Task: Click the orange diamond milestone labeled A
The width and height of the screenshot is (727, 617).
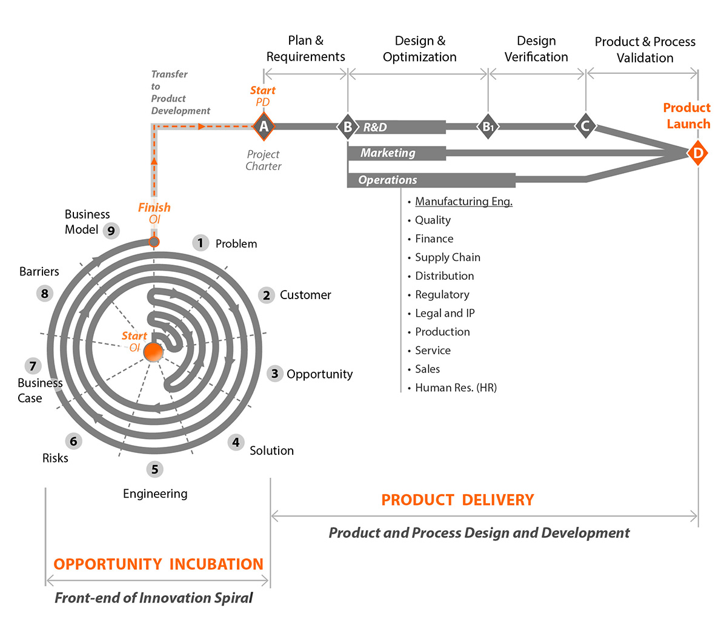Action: click(264, 127)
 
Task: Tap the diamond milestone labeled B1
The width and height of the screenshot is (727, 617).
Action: click(488, 127)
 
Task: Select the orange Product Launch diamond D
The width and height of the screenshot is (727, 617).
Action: click(698, 153)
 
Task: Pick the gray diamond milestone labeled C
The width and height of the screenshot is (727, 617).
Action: click(585, 127)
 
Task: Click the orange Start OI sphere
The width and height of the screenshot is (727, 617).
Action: click(153, 352)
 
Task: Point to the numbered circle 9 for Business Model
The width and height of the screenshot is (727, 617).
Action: click(111, 231)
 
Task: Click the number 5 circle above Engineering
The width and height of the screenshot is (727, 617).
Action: click(154, 469)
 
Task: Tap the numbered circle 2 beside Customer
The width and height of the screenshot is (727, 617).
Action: click(266, 295)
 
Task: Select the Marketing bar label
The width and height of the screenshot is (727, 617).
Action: click(388, 153)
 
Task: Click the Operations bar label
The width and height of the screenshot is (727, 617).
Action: click(388, 180)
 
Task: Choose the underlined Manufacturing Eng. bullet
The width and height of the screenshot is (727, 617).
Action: click(463, 202)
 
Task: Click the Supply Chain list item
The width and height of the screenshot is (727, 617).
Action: click(447, 257)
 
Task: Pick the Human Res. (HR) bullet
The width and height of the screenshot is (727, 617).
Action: click(456, 388)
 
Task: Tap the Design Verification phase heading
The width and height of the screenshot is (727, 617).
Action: click(536, 49)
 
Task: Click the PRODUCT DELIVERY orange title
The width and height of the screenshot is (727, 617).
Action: click(457, 500)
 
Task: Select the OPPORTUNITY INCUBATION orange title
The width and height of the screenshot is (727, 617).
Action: click(158, 564)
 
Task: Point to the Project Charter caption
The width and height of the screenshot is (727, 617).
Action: click(264, 160)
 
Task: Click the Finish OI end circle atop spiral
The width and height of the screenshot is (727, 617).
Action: click(154, 242)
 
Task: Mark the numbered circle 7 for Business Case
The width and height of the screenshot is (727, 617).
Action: click(33, 366)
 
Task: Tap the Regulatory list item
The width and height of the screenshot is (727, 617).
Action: click(442, 295)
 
